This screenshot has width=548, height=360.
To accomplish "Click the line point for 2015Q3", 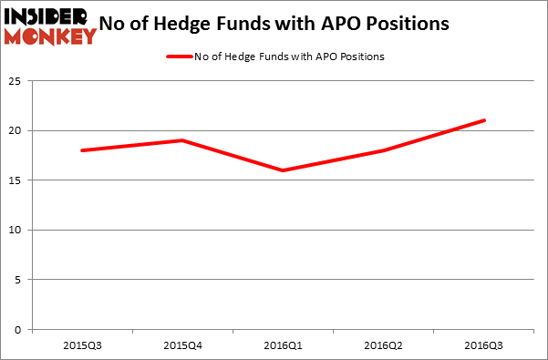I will (83, 150).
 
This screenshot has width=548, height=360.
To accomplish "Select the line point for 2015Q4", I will (183, 140).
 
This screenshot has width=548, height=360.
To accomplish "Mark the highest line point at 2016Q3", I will (484, 120).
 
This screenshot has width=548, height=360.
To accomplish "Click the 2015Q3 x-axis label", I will (83, 346).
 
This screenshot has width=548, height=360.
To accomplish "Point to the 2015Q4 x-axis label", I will (183, 346).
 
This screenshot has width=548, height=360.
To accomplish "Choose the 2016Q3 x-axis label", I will (484, 346).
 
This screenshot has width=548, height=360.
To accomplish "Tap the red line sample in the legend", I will (179, 57).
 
